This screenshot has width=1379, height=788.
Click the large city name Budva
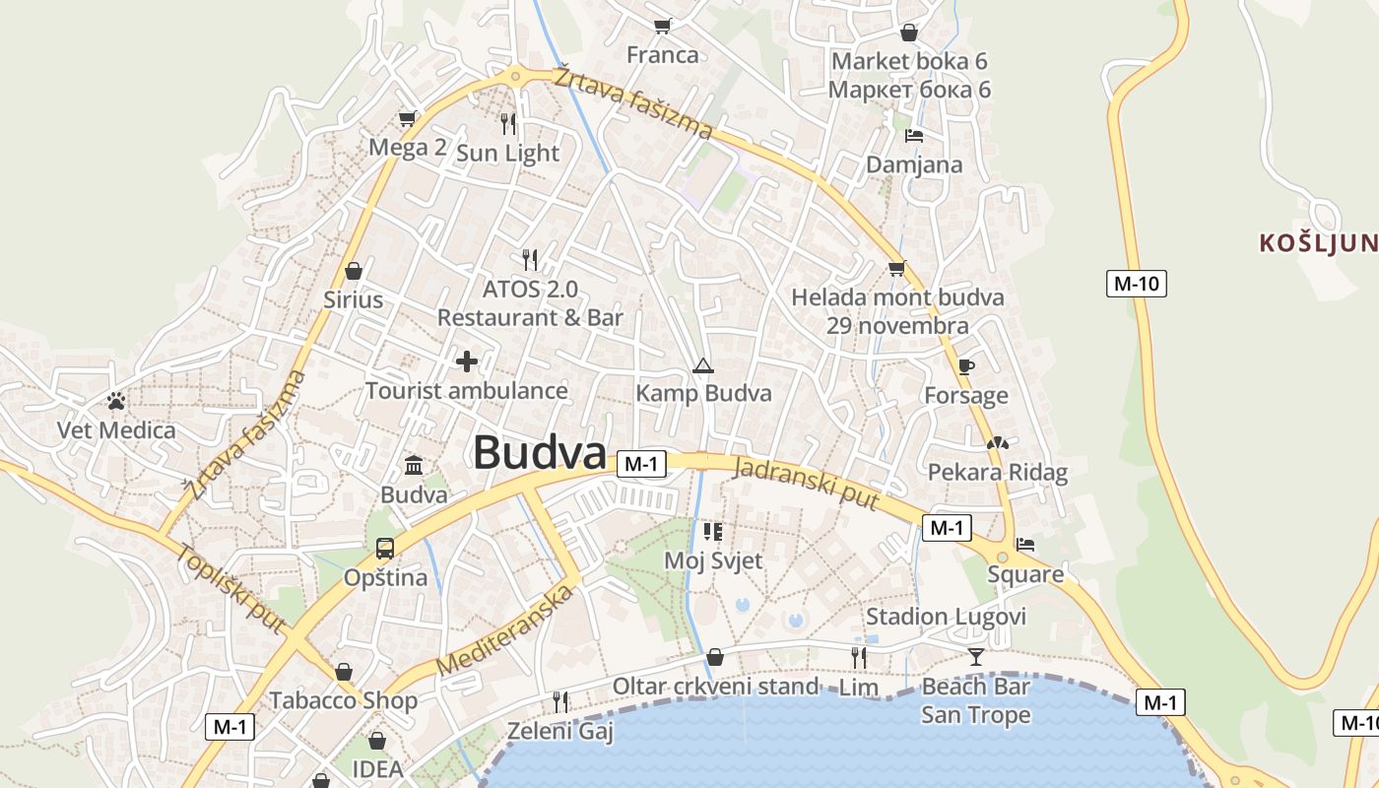tap(539, 453)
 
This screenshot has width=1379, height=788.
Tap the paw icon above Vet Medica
tap(116, 401)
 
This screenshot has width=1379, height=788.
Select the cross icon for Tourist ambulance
tap(467, 361)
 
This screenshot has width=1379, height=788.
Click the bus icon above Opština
tap(385, 548)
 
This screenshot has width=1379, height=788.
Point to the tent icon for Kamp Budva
tap(702, 366)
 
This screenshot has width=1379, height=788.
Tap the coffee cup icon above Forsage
tap(966, 367)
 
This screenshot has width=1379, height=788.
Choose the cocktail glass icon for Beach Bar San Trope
tap(975, 656)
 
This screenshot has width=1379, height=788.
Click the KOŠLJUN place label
tap(1318, 243)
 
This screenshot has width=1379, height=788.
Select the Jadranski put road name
tap(806, 483)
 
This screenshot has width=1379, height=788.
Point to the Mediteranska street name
tap(504, 629)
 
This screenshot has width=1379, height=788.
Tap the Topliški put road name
tap(232, 588)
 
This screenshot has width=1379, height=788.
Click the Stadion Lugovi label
tap(946, 617)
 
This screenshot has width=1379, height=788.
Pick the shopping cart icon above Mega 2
tap(407, 119)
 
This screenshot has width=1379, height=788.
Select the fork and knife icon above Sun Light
tap(508, 123)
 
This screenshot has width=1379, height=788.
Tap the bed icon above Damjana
tap(914, 136)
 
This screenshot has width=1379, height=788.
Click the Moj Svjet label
tap(713, 560)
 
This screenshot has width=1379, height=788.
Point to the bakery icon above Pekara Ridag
tap(998, 443)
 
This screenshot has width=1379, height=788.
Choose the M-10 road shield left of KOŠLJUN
tap(1136, 284)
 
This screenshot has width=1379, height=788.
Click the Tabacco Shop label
tap(344, 700)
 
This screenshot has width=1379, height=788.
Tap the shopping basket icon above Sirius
tap(353, 270)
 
